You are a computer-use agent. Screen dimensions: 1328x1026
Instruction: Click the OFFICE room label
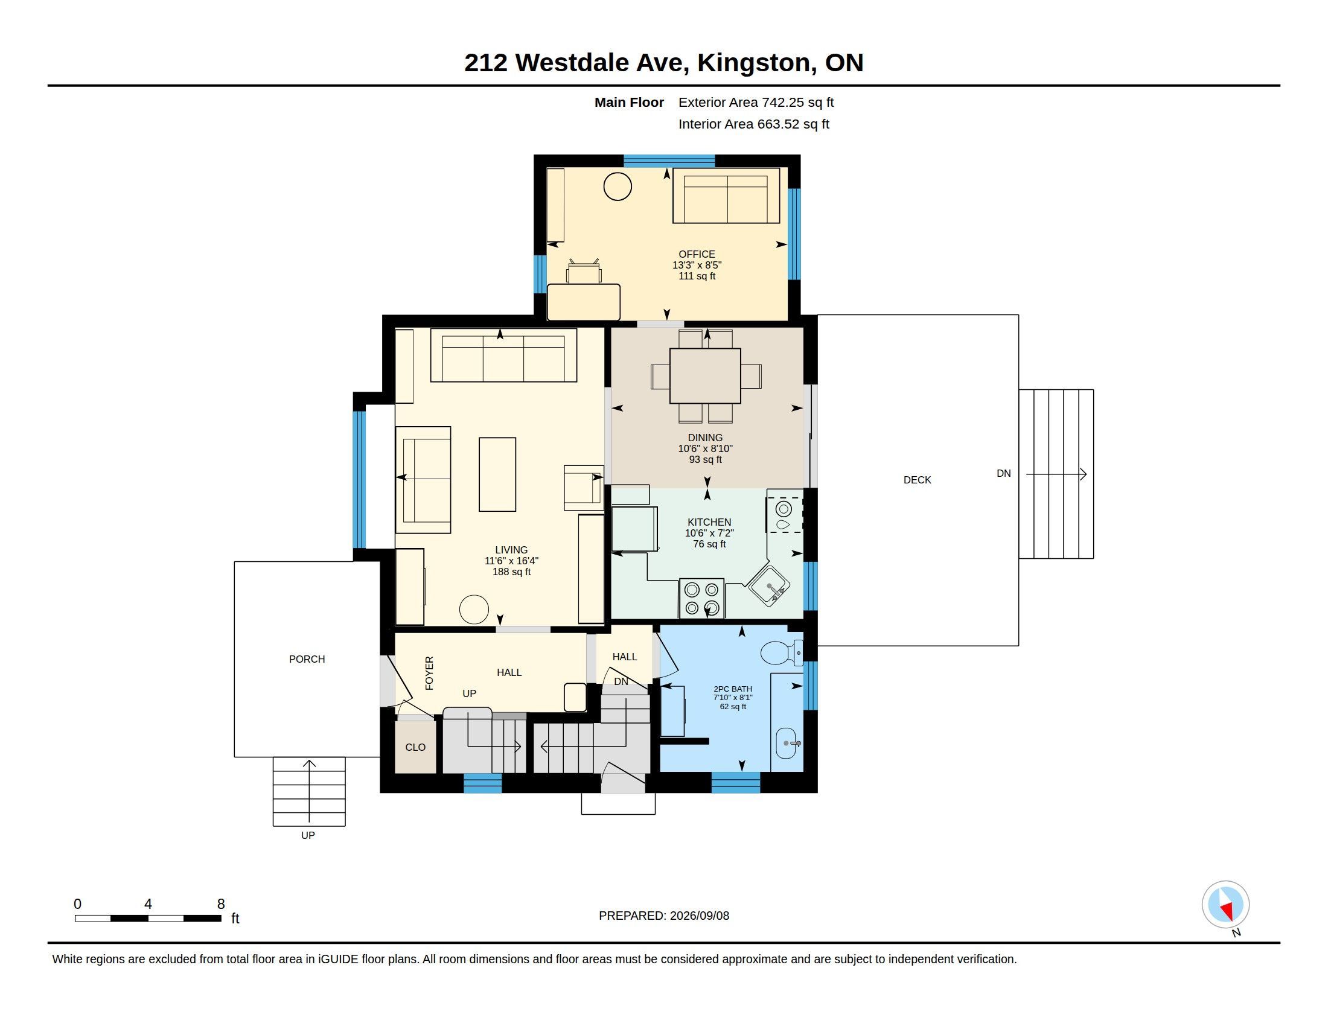(697, 254)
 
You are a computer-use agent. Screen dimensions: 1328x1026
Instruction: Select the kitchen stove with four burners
(701, 598)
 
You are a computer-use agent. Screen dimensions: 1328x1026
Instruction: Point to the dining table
(705, 375)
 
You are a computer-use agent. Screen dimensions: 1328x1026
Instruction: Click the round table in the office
(617, 186)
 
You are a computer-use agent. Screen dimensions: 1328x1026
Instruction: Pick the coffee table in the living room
(497, 474)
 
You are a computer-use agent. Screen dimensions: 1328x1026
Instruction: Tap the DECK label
(917, 480)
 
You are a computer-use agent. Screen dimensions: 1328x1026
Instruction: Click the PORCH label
(307, 659)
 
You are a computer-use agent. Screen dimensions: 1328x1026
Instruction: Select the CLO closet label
(415, 747)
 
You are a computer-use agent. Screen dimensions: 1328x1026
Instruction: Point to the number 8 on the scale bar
(221, 904)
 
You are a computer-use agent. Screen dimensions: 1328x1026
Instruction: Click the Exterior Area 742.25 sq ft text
(756, 102)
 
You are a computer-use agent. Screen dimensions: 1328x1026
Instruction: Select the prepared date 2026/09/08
(699, 916)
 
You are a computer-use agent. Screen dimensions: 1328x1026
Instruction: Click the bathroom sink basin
(785, 744)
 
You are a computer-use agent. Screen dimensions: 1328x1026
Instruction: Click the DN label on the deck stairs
(1004, 474)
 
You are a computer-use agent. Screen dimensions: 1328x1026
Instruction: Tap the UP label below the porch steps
(308, 835)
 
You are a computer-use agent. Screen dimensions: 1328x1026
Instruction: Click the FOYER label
(429, 673)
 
